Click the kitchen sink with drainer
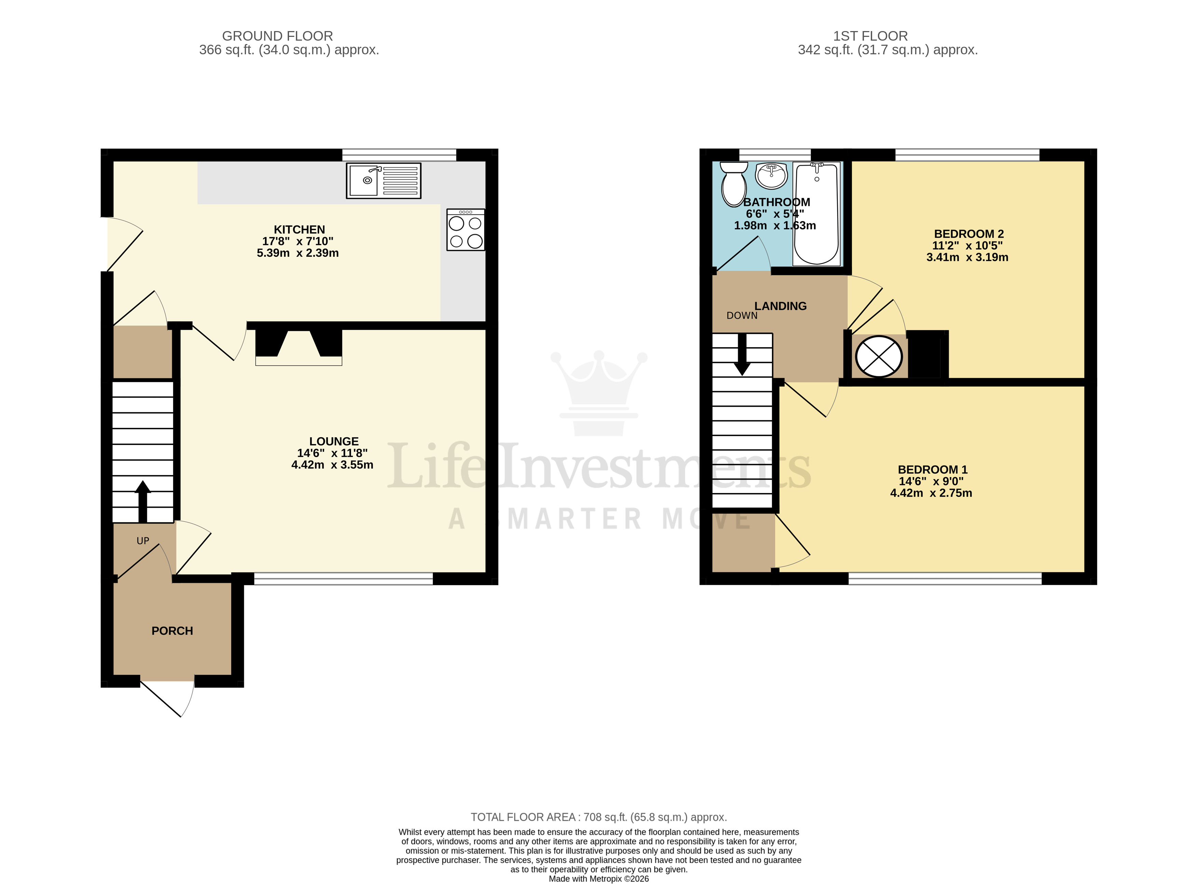[384, 180]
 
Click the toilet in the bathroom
[734, 184]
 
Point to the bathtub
[816, 214]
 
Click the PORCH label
[172, 631]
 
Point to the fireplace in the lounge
[299, 347]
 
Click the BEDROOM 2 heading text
[968, 234]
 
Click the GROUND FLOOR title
[277, 36]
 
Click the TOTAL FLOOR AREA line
[598, 817]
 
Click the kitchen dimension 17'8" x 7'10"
[298, 241]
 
